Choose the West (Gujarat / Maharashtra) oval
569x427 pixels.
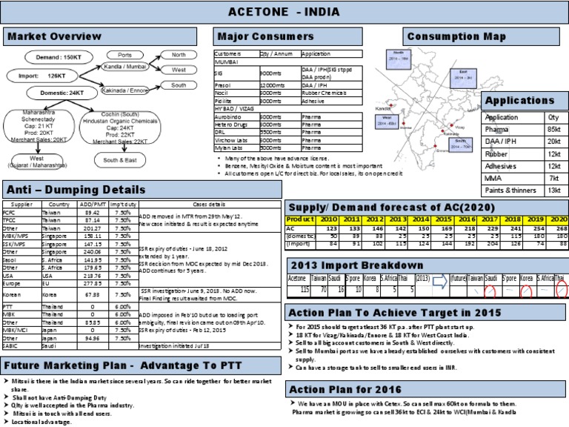(x=37, y=162)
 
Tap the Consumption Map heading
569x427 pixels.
(x=456, y=37)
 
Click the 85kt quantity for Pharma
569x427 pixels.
(x=553, y=129)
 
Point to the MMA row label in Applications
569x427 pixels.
(x=493, y=179)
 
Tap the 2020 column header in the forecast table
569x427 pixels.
(x=558, y=220)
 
